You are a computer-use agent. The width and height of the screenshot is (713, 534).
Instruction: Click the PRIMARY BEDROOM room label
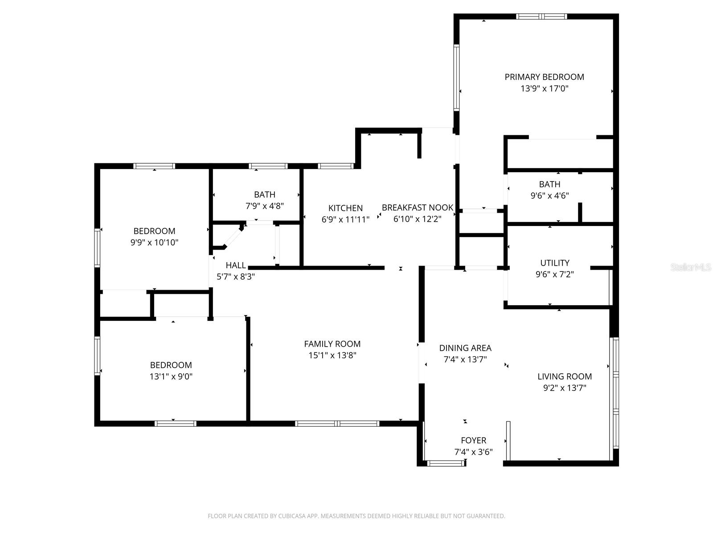point(544,77)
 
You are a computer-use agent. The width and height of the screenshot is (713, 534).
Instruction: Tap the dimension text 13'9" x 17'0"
point(544,89)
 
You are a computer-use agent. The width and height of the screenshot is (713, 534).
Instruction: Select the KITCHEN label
point(345,208)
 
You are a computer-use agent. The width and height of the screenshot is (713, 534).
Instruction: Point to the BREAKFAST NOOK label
point(417,207)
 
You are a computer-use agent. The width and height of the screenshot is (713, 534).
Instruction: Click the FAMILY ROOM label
point(332,344)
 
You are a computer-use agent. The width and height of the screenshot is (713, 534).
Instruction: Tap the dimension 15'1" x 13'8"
point(332,355)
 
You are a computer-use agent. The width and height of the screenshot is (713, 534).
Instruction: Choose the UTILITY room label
point(554,263)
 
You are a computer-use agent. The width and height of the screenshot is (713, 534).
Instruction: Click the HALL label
point(235,265)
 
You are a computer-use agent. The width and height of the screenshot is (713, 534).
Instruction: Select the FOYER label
point(473,441)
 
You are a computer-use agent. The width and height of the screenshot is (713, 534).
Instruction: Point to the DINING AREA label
point(465,348)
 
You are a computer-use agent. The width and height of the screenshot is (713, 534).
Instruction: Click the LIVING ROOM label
point(564,376)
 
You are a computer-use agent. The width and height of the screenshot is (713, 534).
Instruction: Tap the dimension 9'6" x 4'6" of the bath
point(549,195)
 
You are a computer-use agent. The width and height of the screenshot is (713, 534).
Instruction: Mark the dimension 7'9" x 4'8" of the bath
point(265,206)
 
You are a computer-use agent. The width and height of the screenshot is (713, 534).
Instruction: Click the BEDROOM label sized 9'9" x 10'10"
point(154,231)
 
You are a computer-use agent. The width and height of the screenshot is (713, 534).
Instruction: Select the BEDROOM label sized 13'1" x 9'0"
point(171,365)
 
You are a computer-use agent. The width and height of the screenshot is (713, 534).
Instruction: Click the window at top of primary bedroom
point(541,17)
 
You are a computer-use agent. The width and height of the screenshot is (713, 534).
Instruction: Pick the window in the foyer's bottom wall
point(445,463)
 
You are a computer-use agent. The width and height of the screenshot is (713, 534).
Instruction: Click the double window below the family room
point(337,423)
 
